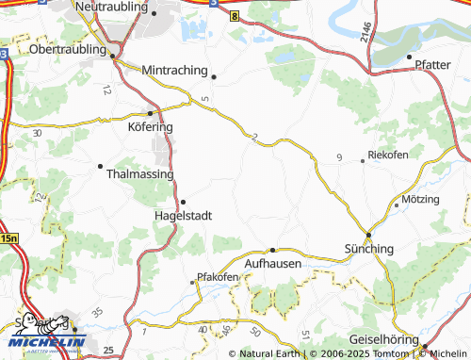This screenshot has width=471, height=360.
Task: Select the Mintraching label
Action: pyautogui.click(x=177, y=70)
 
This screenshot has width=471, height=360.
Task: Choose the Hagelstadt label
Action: pyautogui.click(x=183, y=215)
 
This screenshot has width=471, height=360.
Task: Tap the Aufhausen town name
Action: pyautogui.click(x=272, y=264)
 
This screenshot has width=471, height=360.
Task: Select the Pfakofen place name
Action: pyautogui.click(x=213, y=278)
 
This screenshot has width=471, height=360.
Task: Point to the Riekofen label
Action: pyautogui.click(x=388, y=154)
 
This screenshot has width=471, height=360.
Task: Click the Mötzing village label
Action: pyautogui.click(x=420, y=200)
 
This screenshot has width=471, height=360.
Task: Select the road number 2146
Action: pyautogui.click(x=366, y=31)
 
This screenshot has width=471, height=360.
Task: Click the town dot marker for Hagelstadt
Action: pyautogui.click(x=183, y=201)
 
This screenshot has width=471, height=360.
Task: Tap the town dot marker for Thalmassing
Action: pyautogui.click(x=100, y=167)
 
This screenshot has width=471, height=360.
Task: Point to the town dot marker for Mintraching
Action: pyautogui.click(x=214, y=76)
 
